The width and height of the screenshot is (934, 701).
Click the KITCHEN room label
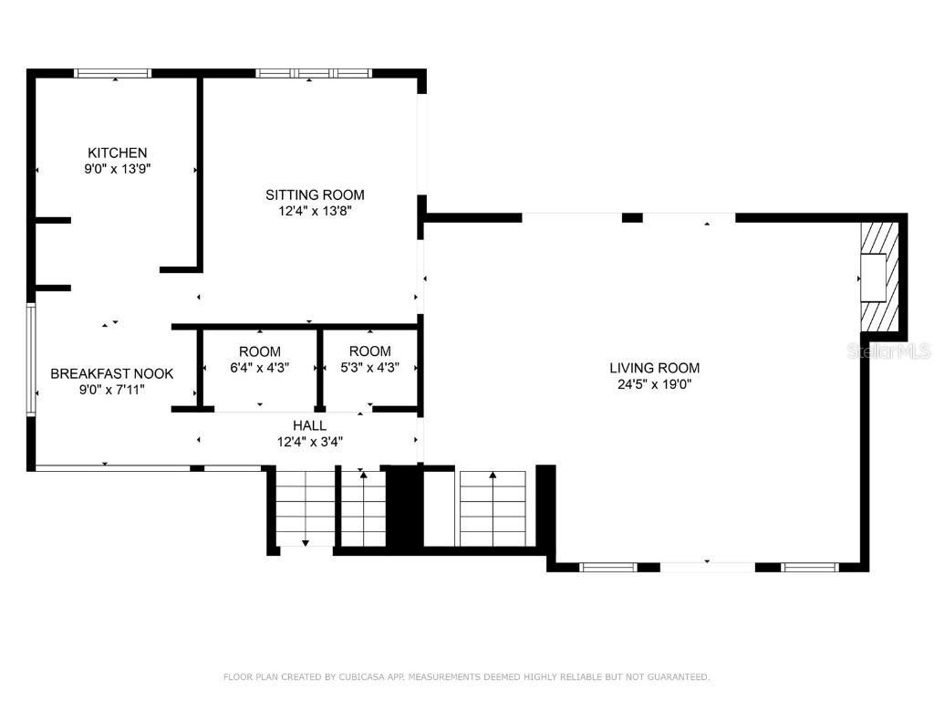tap(117, 152)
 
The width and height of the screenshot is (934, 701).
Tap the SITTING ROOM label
tap(315, 194)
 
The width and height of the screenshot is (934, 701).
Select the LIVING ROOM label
tap(654, 368)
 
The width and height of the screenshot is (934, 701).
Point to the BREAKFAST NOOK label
tap(111, 373)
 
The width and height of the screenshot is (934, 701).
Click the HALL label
tap(309, 425)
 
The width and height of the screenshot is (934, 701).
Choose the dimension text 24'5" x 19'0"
tap(654, 384)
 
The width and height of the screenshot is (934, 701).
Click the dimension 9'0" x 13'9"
tap(117, 169)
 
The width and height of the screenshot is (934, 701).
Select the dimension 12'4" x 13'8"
tap(315, 211)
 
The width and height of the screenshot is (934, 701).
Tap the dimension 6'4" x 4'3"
tap(260, 368)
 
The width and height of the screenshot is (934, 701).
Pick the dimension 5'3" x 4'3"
tap(369, 368)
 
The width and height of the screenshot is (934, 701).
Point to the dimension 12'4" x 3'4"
tap(309, 442)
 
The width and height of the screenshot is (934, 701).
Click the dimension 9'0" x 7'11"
tap(111, 390)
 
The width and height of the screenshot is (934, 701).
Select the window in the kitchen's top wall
tap(112, 73)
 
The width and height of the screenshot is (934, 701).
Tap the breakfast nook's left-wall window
tap(31, 360)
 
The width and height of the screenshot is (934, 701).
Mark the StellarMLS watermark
tap(888, 350)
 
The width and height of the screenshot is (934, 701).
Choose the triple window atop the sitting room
tap(314, 73)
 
